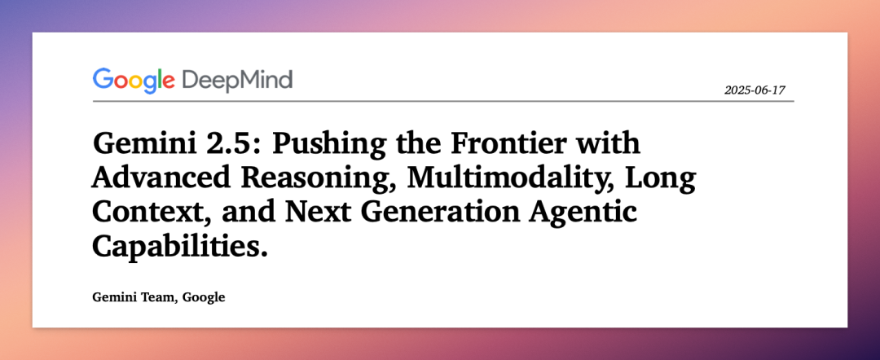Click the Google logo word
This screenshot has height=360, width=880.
(x=134, y=81)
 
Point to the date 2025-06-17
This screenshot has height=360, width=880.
(x=755, y=90)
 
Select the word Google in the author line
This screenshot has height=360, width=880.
(x=205, y=298)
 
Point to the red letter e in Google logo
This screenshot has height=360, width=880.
(x=169, y=83)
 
